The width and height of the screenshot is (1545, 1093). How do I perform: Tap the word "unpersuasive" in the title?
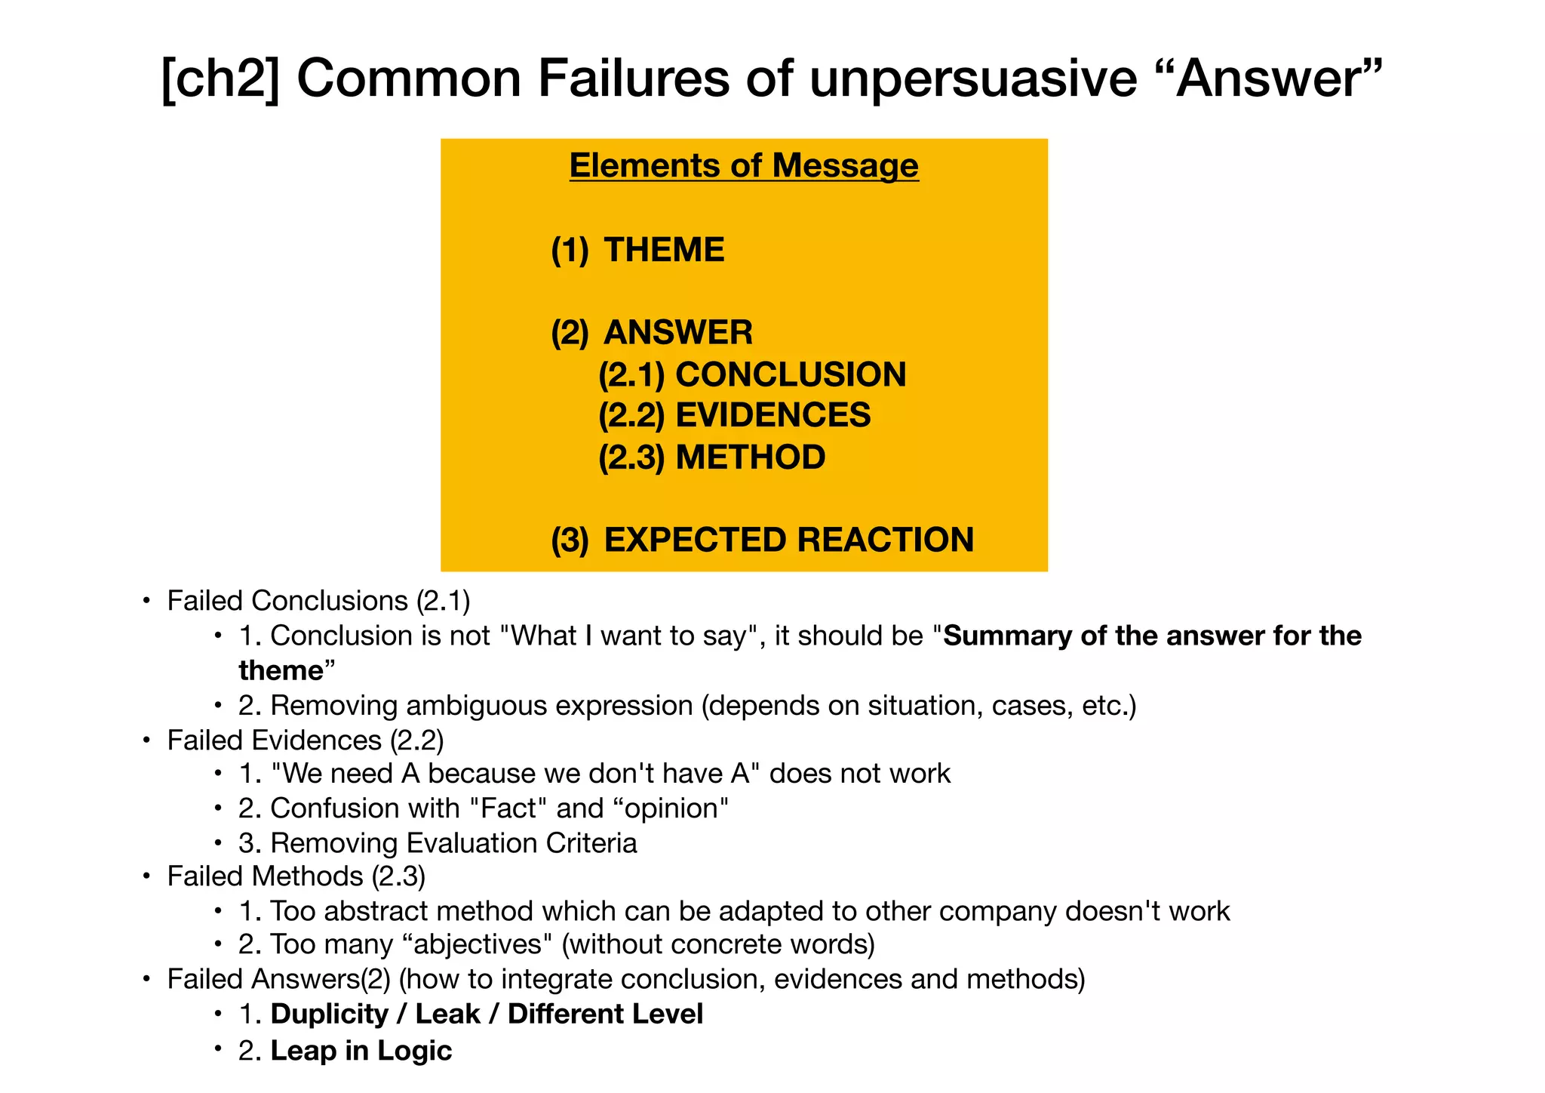point(973,79)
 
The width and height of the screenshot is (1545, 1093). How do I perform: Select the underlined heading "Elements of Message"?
point(744,166)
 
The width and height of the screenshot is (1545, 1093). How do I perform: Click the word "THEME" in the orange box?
point(664,250)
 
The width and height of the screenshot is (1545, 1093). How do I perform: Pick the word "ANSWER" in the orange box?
point(678,333)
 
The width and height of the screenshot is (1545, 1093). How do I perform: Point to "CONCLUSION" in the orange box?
point(791,375)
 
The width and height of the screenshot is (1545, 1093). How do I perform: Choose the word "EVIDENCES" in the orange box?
point(773,416)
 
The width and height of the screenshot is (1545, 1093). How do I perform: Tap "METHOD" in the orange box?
point(751,457)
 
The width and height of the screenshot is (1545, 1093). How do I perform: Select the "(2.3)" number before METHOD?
point(631,457)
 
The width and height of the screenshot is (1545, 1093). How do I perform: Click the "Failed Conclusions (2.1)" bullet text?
point(318,601)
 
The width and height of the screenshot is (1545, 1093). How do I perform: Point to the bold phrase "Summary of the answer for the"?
point(1153,636)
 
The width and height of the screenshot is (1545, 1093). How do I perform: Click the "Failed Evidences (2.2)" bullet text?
point(306,740)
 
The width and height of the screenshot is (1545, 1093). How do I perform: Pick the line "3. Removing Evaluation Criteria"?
point(438,842)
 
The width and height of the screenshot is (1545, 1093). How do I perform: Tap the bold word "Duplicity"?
point(329,1014)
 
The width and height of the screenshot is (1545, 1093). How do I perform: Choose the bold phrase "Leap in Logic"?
point(361,1051)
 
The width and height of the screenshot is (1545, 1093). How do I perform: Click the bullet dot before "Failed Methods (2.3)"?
point(146,877)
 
